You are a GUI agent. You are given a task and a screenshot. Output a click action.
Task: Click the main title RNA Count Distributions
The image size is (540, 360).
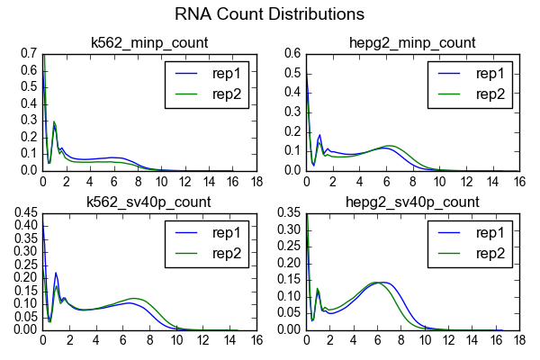[270, 14]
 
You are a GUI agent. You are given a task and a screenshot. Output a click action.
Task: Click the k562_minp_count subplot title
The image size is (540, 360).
[150, 42]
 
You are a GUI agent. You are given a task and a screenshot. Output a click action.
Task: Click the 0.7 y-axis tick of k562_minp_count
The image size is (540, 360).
[27, 54]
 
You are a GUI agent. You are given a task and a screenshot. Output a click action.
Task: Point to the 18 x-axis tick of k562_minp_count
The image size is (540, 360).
[257, 180]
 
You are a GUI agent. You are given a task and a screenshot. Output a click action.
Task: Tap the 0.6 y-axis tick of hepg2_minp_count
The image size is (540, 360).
[291, 54]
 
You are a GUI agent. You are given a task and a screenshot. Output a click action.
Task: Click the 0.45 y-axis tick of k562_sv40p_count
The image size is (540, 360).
[23, 213]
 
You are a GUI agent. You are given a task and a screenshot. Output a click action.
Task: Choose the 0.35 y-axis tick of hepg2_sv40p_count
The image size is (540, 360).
[287, 213]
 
